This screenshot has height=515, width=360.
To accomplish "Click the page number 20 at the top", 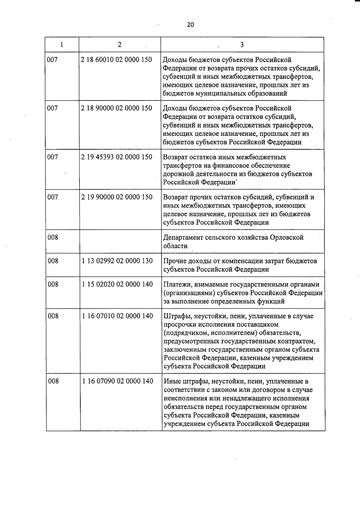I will (190, 25).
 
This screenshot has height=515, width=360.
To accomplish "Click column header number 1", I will (61, 45).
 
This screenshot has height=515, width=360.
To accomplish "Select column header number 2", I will (120, 44).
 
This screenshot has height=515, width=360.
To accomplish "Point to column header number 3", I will (242, 45).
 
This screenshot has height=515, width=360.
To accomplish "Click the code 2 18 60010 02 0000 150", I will (116, 60).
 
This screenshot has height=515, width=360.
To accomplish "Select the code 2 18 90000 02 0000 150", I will (116, 108).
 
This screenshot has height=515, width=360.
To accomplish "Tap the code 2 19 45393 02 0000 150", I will (116, 157).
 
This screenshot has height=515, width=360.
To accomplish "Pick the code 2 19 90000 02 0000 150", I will (117, 197).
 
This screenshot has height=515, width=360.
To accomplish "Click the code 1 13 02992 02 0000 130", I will (117, 261).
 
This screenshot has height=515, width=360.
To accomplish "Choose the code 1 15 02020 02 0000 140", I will (117, 284).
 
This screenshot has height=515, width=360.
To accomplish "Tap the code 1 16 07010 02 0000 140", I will (118, 316).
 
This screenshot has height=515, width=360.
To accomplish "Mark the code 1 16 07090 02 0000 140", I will (118, 381).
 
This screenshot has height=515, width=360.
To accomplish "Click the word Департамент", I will (183, 238).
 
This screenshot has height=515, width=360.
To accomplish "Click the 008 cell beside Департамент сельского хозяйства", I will (53, 238).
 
